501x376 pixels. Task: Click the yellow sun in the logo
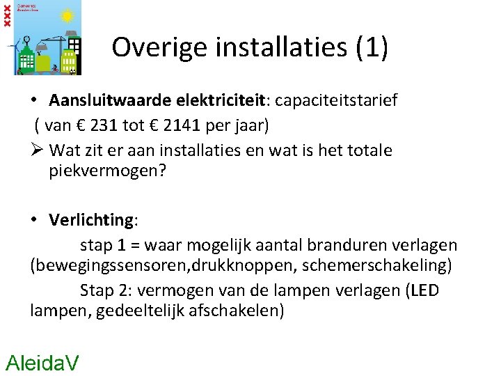67,15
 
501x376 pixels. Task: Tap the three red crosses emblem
7,15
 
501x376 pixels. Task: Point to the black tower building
29,54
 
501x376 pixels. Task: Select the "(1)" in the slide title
372,47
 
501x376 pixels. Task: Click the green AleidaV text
42,362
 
